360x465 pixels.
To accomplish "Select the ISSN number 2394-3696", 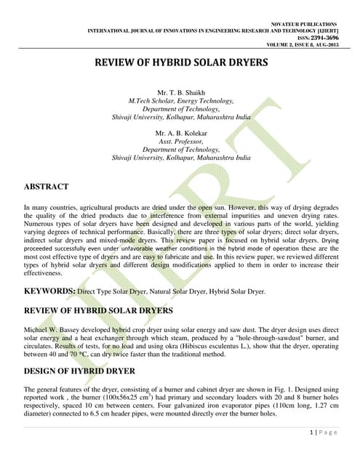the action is pos(322,39).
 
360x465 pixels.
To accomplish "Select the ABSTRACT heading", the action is pos(46,187).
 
